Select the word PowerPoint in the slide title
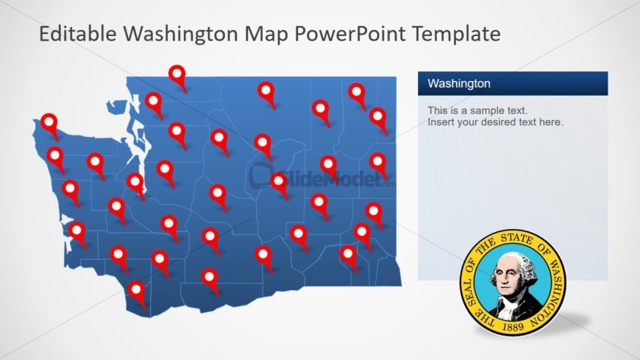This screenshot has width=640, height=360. pyautogui.click(x=355, y=34)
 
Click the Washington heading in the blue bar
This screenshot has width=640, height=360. pyautogui.click(x=458, y=84)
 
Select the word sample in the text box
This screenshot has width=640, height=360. pyautogui.click(x=491, y=110)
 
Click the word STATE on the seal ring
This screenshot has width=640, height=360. pyautogui.click(x=516, y=239)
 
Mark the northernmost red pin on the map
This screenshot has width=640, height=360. pyautogui.click(x=177, y=74)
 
